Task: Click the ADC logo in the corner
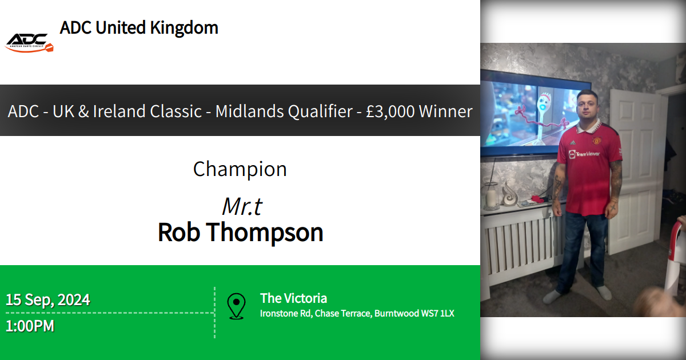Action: click(29, 42)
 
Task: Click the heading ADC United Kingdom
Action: click(139, 27)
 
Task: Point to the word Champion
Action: click(240, 169)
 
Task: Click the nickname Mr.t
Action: click(242, 206)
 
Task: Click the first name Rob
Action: click(178, 233)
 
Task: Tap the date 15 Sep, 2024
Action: click(48, 299)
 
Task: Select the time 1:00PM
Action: click(30, 326)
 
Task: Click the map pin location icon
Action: click(236, 306)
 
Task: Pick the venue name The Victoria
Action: click(293, 298)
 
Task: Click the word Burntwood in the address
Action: click(394, 313)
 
